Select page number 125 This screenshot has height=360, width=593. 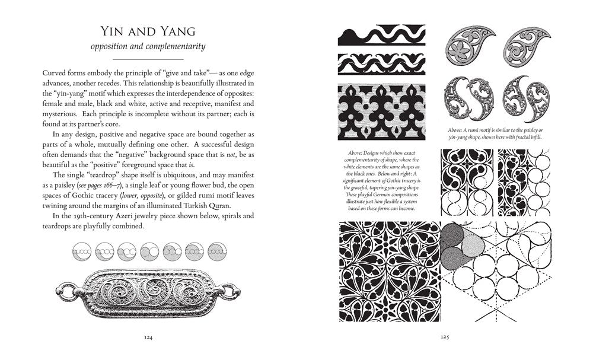[444, 337]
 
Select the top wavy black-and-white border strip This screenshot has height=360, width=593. [381, 37]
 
